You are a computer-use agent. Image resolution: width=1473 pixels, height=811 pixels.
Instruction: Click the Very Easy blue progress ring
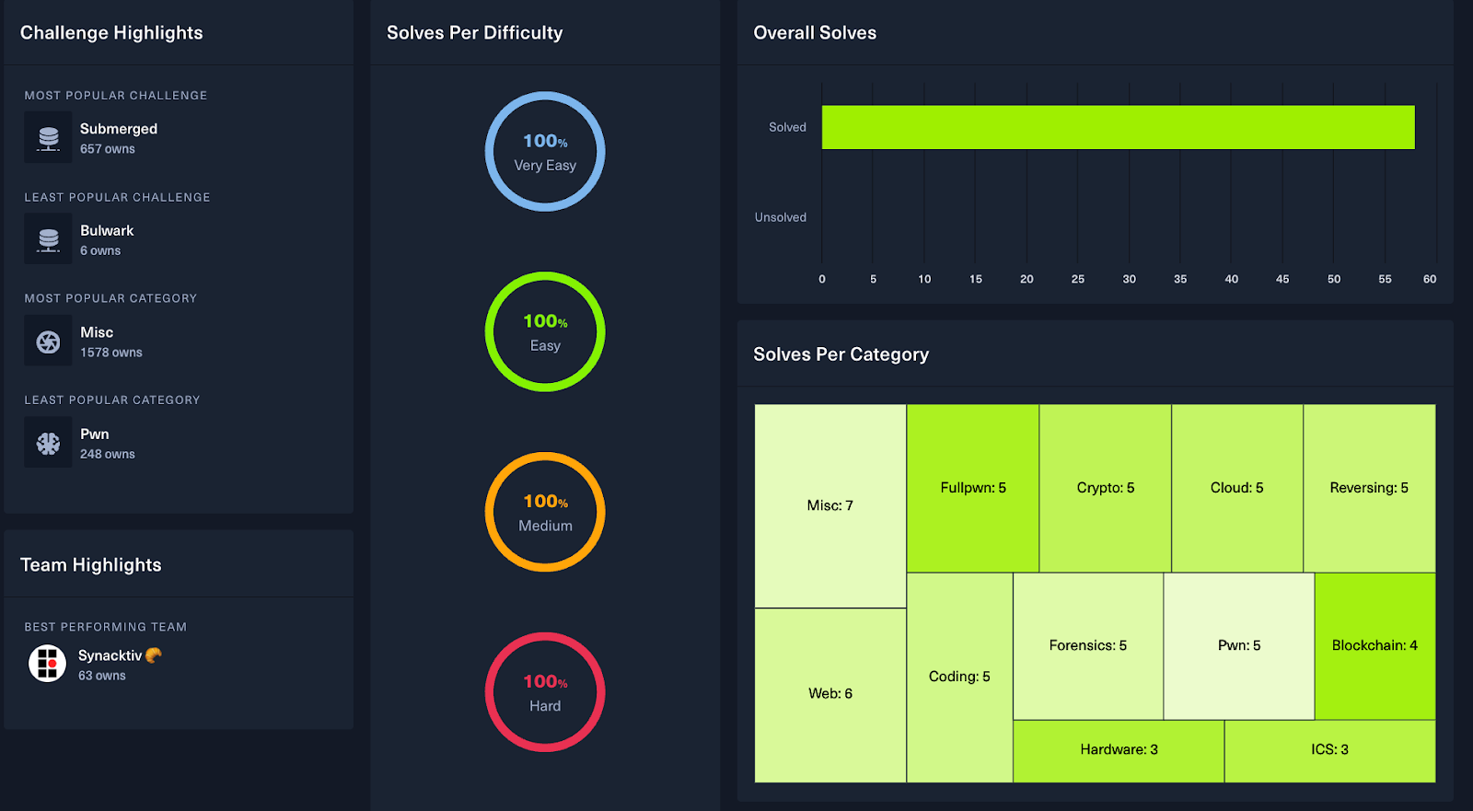(545, 152)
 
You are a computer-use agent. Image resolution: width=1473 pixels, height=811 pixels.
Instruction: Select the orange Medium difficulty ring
(545, 512)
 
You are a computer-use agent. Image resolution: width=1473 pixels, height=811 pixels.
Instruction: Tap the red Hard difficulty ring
(545, 692)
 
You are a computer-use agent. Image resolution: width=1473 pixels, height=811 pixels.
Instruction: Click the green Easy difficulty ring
(545, 332)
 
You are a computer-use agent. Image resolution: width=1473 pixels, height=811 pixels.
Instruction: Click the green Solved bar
(1118, 127)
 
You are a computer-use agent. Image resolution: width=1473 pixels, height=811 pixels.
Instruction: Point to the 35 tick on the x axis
(1180, 279)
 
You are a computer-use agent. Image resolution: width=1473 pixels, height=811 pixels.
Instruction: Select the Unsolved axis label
(780, 217)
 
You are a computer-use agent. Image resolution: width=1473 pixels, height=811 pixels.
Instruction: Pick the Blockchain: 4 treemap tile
(1374, 645)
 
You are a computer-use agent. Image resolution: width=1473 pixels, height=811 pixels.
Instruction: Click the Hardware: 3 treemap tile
(1119, 750)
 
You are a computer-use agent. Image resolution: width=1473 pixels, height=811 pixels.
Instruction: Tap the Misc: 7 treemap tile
(830, 505)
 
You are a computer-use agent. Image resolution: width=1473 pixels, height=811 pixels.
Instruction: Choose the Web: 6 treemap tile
(830, 694)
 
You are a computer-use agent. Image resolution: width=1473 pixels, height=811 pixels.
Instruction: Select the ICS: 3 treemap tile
(1329, 750)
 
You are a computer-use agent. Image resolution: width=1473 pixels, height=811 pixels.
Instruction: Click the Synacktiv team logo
(47, 663)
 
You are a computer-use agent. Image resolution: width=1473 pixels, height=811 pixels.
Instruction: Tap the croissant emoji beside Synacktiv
(154, 655)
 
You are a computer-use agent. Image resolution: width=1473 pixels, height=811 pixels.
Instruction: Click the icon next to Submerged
(48, 138)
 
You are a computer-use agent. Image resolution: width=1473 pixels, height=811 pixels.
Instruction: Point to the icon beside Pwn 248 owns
(48, 443)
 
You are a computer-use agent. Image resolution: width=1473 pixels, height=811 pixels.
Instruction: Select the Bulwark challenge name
(107, 231)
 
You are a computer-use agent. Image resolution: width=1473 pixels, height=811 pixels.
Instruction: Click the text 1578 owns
(111, 353)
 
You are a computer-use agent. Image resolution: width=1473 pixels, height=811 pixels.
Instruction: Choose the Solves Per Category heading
(841, 354)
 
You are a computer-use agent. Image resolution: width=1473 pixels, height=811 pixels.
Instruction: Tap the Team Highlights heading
(91, 565)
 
